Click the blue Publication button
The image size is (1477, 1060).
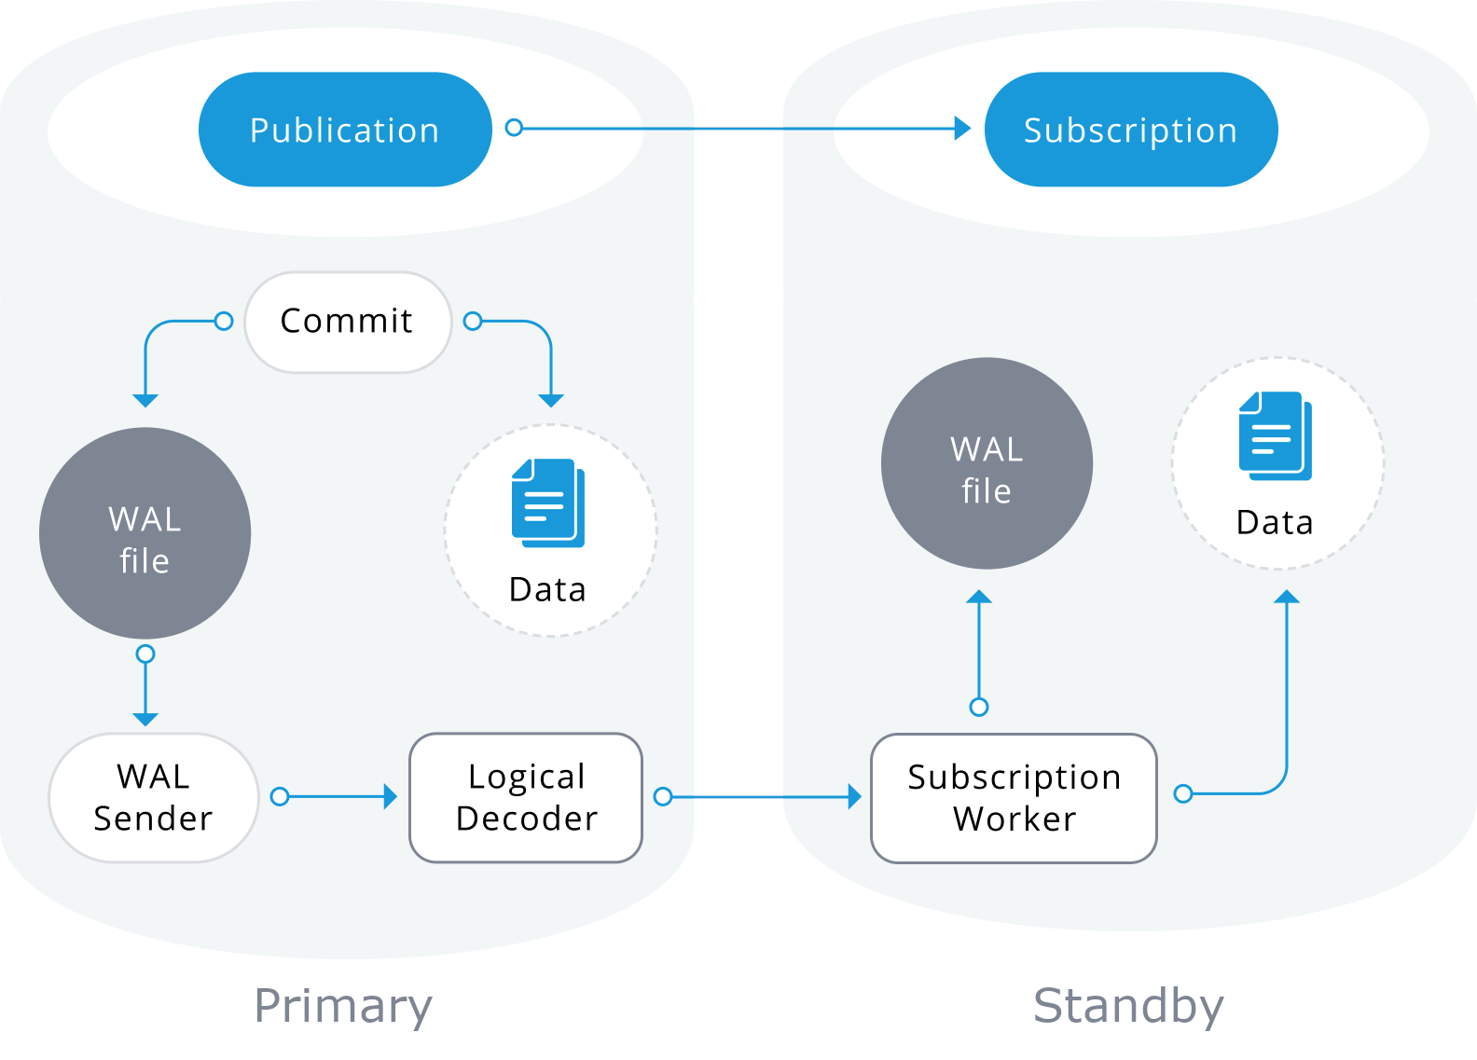pyautogui.click(x=345, y=130)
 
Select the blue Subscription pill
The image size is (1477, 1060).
pyautogui.click(x=1130, y=130)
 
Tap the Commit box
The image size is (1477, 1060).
pyautogui.click(x=348, y=322)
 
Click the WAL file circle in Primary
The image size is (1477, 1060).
pyautogui.click(x=145, y=533)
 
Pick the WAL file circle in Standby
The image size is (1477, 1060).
pyautogui.click(x=987, y=463)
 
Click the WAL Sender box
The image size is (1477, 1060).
pyautogui.click(x=154, y=797)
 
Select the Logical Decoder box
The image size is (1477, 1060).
pyautogui.click(x=526, y=797)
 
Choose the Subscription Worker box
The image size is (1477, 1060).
pyautogui.click(x=1014, y=798)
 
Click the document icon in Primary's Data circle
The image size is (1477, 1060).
pyautogui.click(x=548, y=502)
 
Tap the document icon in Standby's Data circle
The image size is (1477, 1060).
pyautogui.click(x=1275, y=435)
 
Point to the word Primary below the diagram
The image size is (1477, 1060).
pyautogui.click(x=343, y=1007)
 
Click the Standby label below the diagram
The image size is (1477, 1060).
pyautogui.click(x=1128, y=1007)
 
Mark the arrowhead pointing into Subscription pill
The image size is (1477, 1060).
pyautogui.click(x=963, y=129)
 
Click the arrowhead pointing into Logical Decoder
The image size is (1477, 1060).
pyautogui.click(x=391, y=796)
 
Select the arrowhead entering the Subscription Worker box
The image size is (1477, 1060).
pyautogui.click(x=854, y=796)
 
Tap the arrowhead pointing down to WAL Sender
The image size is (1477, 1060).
pyautogui.click(x=145, y=719)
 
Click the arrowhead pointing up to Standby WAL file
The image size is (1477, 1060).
pyautogui.click(x=979, y=597)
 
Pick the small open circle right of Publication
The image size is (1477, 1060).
pyautogui.click(x=514, y=128)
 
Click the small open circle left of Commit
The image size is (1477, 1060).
pyautogui.click(x=224, y=322)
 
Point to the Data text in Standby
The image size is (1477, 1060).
pyautogui.click(x=1275, y=523)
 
